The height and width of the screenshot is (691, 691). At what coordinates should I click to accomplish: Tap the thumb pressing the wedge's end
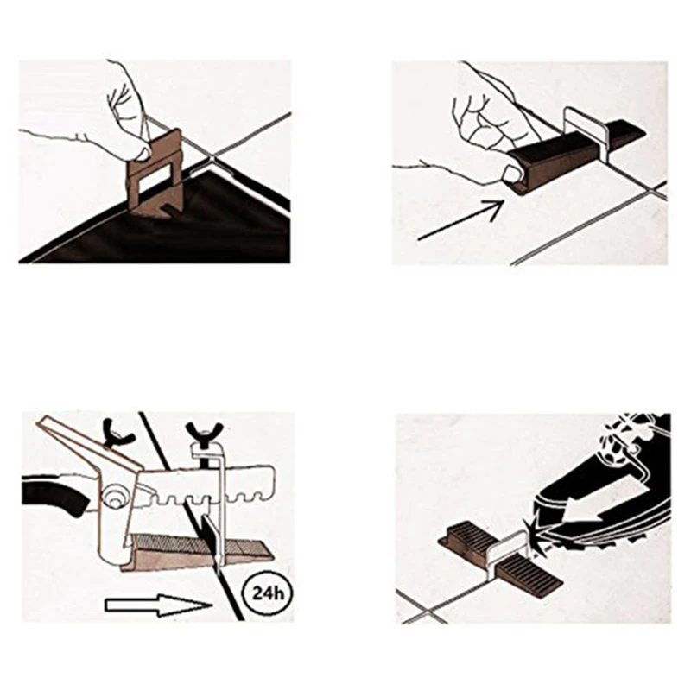point(511,176)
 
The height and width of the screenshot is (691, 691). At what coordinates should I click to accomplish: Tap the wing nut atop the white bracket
point(198,428)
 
